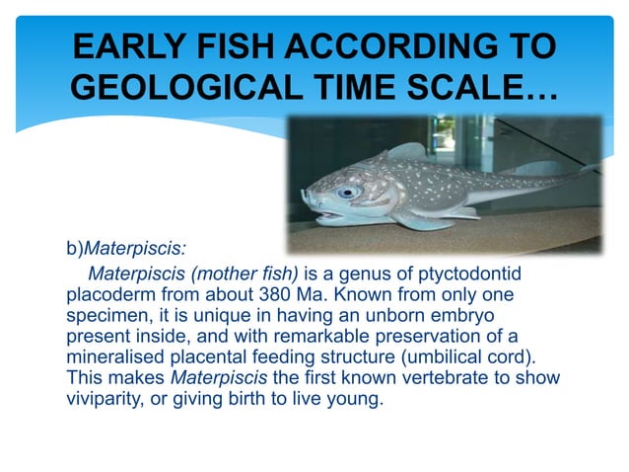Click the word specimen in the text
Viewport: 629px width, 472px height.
click(105, 315)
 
